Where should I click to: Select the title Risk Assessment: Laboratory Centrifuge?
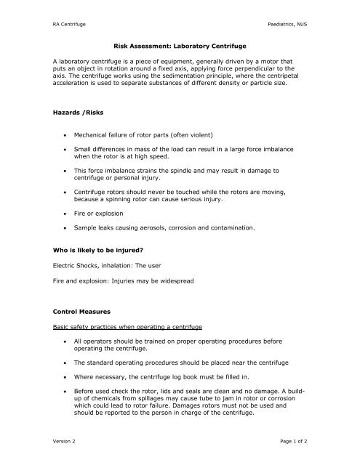(180, 44)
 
